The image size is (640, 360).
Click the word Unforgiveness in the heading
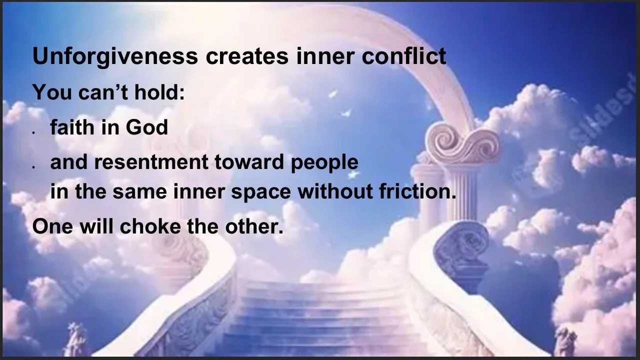[115, 57]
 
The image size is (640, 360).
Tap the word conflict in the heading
[404, 57]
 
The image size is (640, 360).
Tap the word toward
[258, 162]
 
